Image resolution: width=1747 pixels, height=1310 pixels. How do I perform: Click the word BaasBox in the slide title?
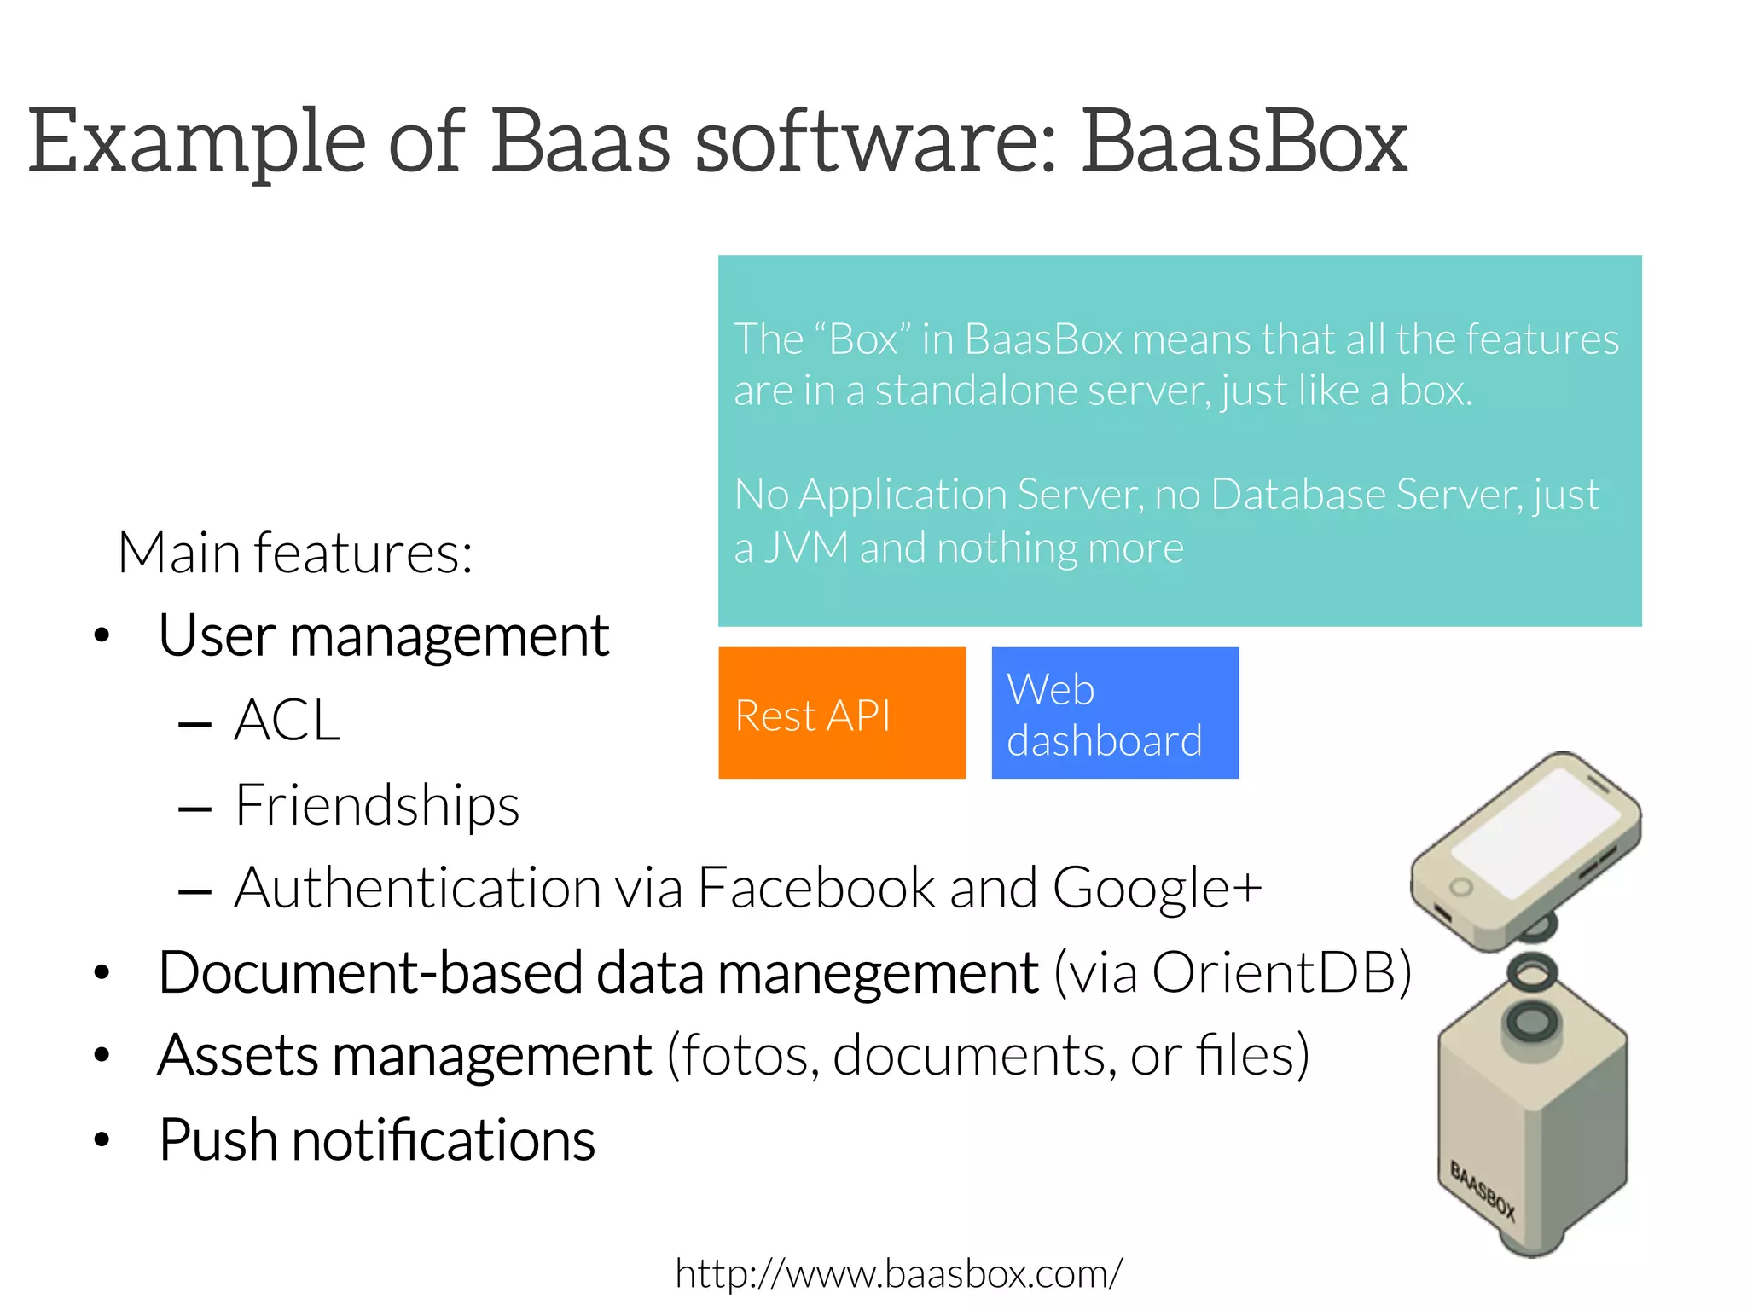click(x=1245, y=142)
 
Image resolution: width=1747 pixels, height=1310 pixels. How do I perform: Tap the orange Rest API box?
click(x=842, y=713)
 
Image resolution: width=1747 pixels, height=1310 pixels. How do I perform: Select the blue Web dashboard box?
click(x=1114, y=713)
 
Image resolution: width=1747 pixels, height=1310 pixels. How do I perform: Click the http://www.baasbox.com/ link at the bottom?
click(x=898, y=1273)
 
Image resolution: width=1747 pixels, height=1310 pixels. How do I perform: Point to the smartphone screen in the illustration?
click(x=1535, y=832)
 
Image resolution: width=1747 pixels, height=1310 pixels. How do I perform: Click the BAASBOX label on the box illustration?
click(x=1483, y=1191)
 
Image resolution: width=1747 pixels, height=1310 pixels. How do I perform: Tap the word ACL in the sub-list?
click(x=287, y=721)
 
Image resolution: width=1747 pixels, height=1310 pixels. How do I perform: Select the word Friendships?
click(x=377, y=805)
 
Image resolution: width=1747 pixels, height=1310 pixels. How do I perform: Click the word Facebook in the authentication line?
click(x=816, y=888)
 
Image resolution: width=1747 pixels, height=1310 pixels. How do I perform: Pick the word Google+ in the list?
click(x=1157, y=888)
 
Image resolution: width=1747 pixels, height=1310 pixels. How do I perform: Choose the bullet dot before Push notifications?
click(x=102, y=1139)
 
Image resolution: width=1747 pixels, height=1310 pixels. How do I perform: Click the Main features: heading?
click(x=295, y=553)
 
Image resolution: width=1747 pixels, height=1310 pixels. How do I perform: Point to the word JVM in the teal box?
click(x=806, y=547)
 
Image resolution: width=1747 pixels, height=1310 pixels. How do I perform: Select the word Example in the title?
click(x=197, y=142)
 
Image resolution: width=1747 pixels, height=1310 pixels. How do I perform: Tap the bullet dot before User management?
click(x=102, y=635)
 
